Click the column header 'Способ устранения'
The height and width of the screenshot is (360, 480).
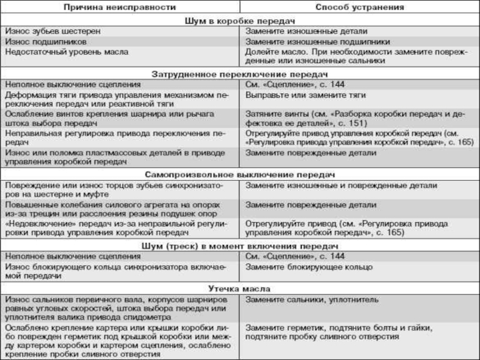[x=359, y=8]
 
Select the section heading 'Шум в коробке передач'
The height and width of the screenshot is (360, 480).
[x=239, y=19]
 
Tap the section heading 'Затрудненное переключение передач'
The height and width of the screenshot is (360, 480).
[x=239, y=74]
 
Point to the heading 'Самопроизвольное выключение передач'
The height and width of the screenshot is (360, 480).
[x=239, y=174]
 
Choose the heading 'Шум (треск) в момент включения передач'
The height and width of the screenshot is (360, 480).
[x=239, y=245]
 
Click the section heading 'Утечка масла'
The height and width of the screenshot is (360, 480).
[x=239, y=288]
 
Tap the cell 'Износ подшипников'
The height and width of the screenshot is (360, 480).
[x=46, y=41]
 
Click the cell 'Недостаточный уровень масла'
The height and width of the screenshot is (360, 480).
[x=66, y=52]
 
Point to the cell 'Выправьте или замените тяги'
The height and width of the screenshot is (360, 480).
[x=304, y=96]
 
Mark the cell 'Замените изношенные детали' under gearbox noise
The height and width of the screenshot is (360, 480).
[x=306, y=31]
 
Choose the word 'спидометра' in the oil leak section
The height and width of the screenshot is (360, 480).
[x=151, y=316]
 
